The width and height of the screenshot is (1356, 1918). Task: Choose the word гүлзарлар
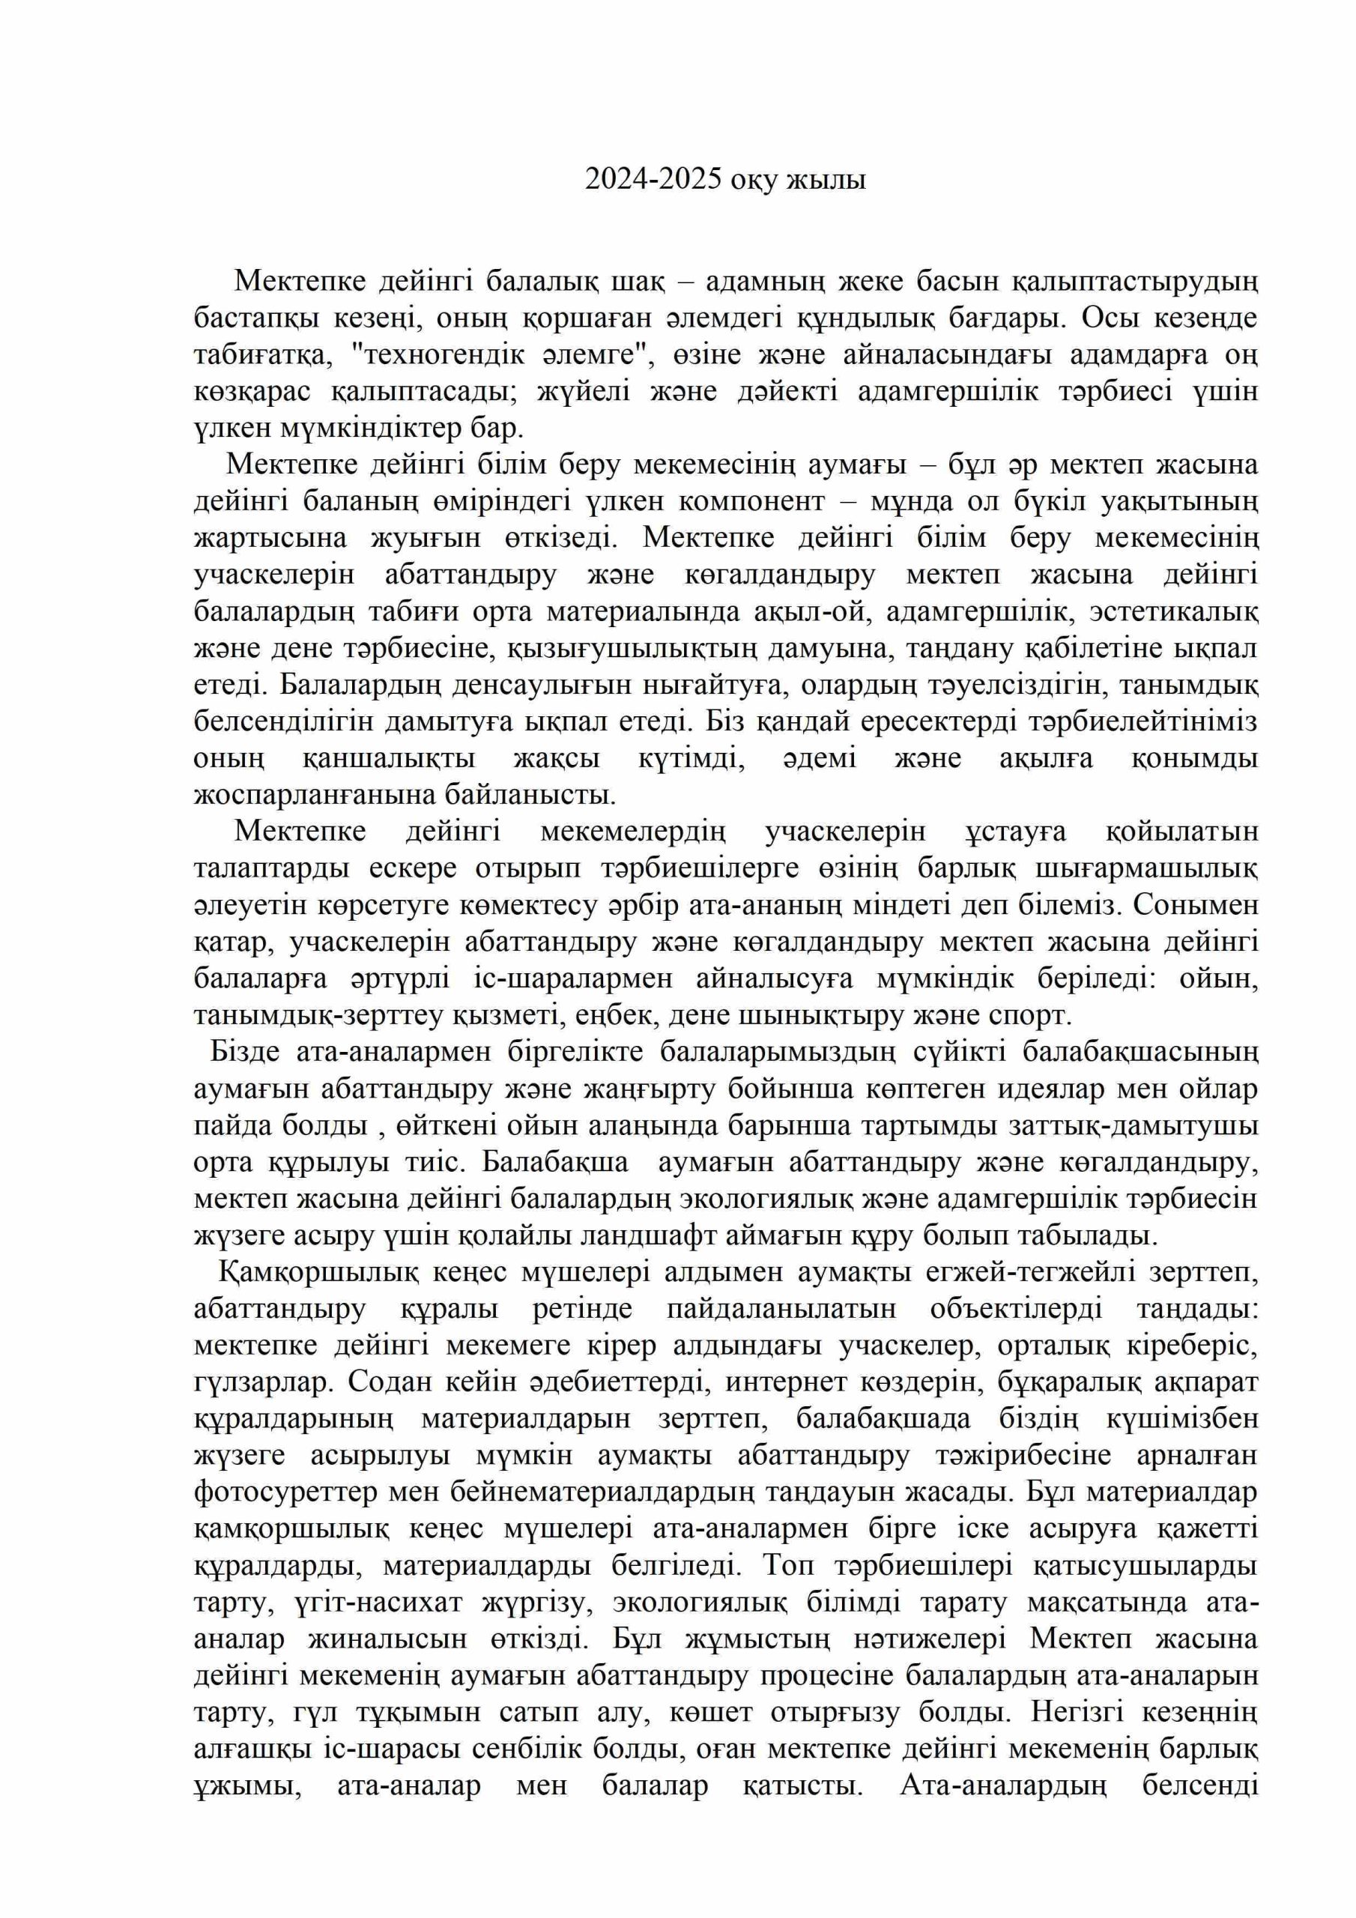(263, 1382)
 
